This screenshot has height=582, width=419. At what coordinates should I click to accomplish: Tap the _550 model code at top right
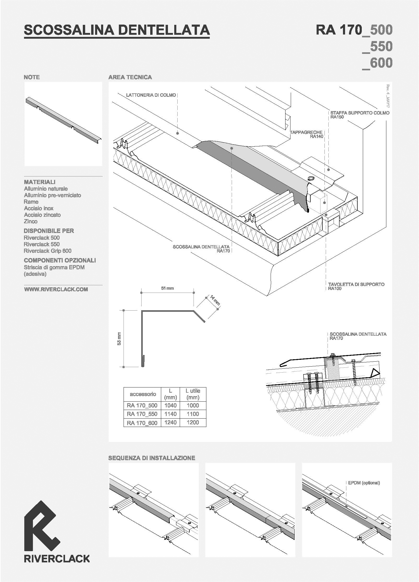pyautogui.click(x=377, y=47)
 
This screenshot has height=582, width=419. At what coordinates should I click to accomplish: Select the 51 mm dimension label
pyautogui.click(x=167, y=288)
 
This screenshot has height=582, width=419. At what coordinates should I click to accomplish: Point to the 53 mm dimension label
pyautogui.click(x=119, y=339)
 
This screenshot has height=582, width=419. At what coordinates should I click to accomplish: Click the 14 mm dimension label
pyautogui.click(x=215, y=300)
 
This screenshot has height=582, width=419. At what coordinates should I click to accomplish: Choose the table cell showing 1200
pyautogui.click(x=193, y=422)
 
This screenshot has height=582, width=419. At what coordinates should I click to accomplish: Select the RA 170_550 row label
pyautogui.click(x=142, y=414)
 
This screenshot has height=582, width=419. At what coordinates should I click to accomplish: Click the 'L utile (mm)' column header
pyautogui.click(x=193, y=394)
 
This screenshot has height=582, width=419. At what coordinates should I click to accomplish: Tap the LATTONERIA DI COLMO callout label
pyautogui.click(x=151, y=95)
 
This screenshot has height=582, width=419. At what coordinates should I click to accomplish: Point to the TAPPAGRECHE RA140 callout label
pyautogui.click(x=306, y=134)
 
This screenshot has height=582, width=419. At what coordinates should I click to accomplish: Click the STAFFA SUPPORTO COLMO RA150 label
pyautogui.click(x=360, y=115)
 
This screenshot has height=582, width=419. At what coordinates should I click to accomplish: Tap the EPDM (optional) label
pyautogui.click(x=364, y=483)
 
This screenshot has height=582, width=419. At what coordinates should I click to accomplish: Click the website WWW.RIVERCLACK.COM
pyautogui.click(x=56, y=289)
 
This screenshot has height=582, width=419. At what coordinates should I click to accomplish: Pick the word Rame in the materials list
pyautogui.click(x=31, y=202)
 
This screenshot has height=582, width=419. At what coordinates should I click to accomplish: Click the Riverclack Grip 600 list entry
pyautogui.click(x=48, y=251)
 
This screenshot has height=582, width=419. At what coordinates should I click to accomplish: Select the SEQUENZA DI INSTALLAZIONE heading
pyautogui.click(x=152, y=458)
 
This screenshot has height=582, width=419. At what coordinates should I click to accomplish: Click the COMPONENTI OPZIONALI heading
pyautogui.click(x=60, y=260)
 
